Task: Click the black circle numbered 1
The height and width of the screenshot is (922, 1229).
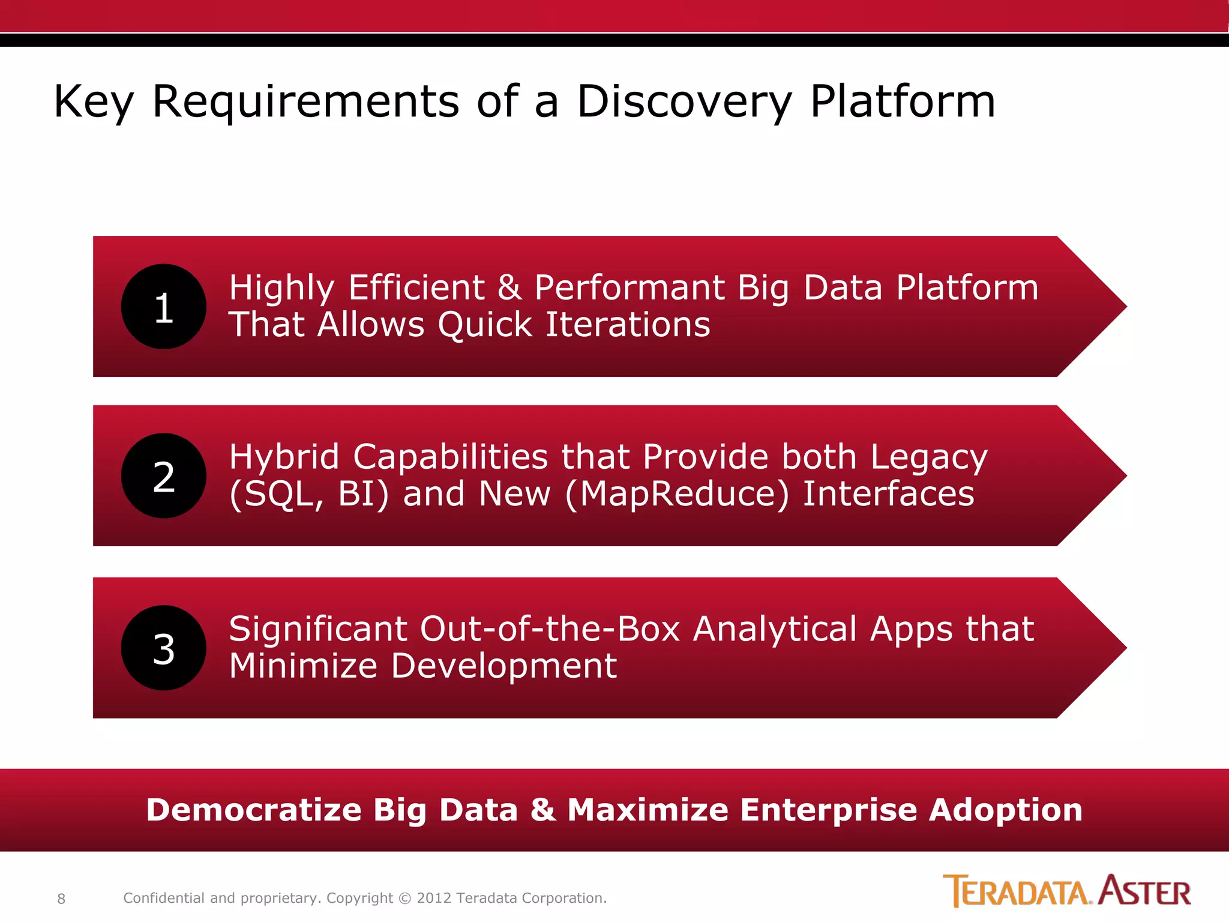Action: [x=163, y=307]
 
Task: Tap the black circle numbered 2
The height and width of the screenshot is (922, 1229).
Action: [x=163, y=476]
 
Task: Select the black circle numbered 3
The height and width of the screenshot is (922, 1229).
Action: [x=163, y=648]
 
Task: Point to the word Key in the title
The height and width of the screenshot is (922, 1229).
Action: [x=94, y=102]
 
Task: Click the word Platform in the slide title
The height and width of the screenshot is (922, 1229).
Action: [x=903, y=102]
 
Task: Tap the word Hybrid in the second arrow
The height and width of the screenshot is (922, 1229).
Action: [x=284, y=457]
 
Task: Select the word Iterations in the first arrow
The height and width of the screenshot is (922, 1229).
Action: [x=627, y=325]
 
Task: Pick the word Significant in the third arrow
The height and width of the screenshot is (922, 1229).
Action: [x=318, y=629]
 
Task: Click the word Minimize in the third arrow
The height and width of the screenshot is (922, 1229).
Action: [x=303, y=666]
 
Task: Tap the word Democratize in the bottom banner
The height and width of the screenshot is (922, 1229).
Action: [x=253, y=810]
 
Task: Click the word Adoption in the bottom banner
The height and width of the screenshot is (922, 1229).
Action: [x=1006, y=810]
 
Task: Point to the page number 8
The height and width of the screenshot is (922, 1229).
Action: [x=61, y=899]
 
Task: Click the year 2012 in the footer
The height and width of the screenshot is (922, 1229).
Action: [x=434, y=898]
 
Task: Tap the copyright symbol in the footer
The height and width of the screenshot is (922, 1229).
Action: [x=405, y=899]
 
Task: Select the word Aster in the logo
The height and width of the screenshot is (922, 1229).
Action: [x=1145, y=891]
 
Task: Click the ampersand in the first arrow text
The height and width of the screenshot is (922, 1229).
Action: [x=509, y=288]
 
